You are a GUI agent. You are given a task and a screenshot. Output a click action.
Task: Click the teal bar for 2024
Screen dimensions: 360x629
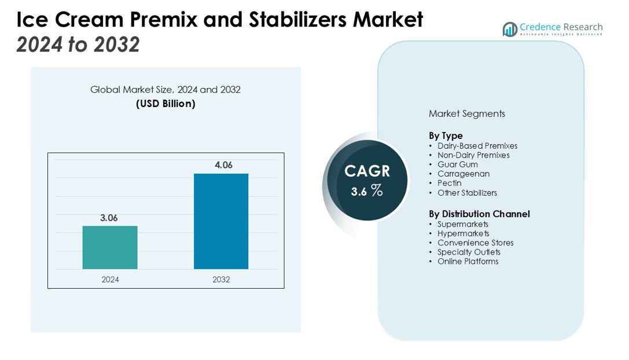coord(110,247)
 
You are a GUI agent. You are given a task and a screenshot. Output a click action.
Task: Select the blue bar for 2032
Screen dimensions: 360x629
coord(221,221)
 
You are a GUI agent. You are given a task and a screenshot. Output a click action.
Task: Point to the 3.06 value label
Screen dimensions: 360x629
coord(109,218)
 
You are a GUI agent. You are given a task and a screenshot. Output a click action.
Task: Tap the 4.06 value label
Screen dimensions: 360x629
coord(223,166)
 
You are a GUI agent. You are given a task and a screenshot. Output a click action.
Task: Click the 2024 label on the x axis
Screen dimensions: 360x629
coord(110,280)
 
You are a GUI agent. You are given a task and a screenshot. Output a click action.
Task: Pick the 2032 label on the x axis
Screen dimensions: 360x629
coord(221,280)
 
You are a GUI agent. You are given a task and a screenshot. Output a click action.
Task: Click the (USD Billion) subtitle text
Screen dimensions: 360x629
coord(165,104)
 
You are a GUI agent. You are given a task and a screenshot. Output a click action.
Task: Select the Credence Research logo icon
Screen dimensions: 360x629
coord(510,29)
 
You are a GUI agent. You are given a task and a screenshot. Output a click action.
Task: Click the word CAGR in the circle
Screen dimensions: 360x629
coord(367,171)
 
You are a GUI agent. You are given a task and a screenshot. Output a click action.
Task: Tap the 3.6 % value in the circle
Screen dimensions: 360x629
coord(367,191)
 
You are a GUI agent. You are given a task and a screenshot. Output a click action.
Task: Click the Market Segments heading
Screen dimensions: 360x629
coord(466,114)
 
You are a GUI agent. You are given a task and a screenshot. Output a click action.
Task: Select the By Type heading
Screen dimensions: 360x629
coord(446,136)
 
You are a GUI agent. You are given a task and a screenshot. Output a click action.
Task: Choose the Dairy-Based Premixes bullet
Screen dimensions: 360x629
coord(477,146)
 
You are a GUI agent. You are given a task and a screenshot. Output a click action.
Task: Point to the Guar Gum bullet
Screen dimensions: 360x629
coord(457,164)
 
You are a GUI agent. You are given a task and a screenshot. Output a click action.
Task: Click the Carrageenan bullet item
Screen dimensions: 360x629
coord(464,174)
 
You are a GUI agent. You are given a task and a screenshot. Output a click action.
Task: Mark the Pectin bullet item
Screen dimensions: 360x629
coord(450,183)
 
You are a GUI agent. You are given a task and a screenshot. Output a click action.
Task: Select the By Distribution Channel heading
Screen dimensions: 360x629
coord(479,214)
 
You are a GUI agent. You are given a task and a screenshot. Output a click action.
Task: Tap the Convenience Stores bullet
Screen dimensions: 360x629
coord(475,243)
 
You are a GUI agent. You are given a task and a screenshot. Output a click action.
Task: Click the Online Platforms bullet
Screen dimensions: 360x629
coord(468,262)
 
